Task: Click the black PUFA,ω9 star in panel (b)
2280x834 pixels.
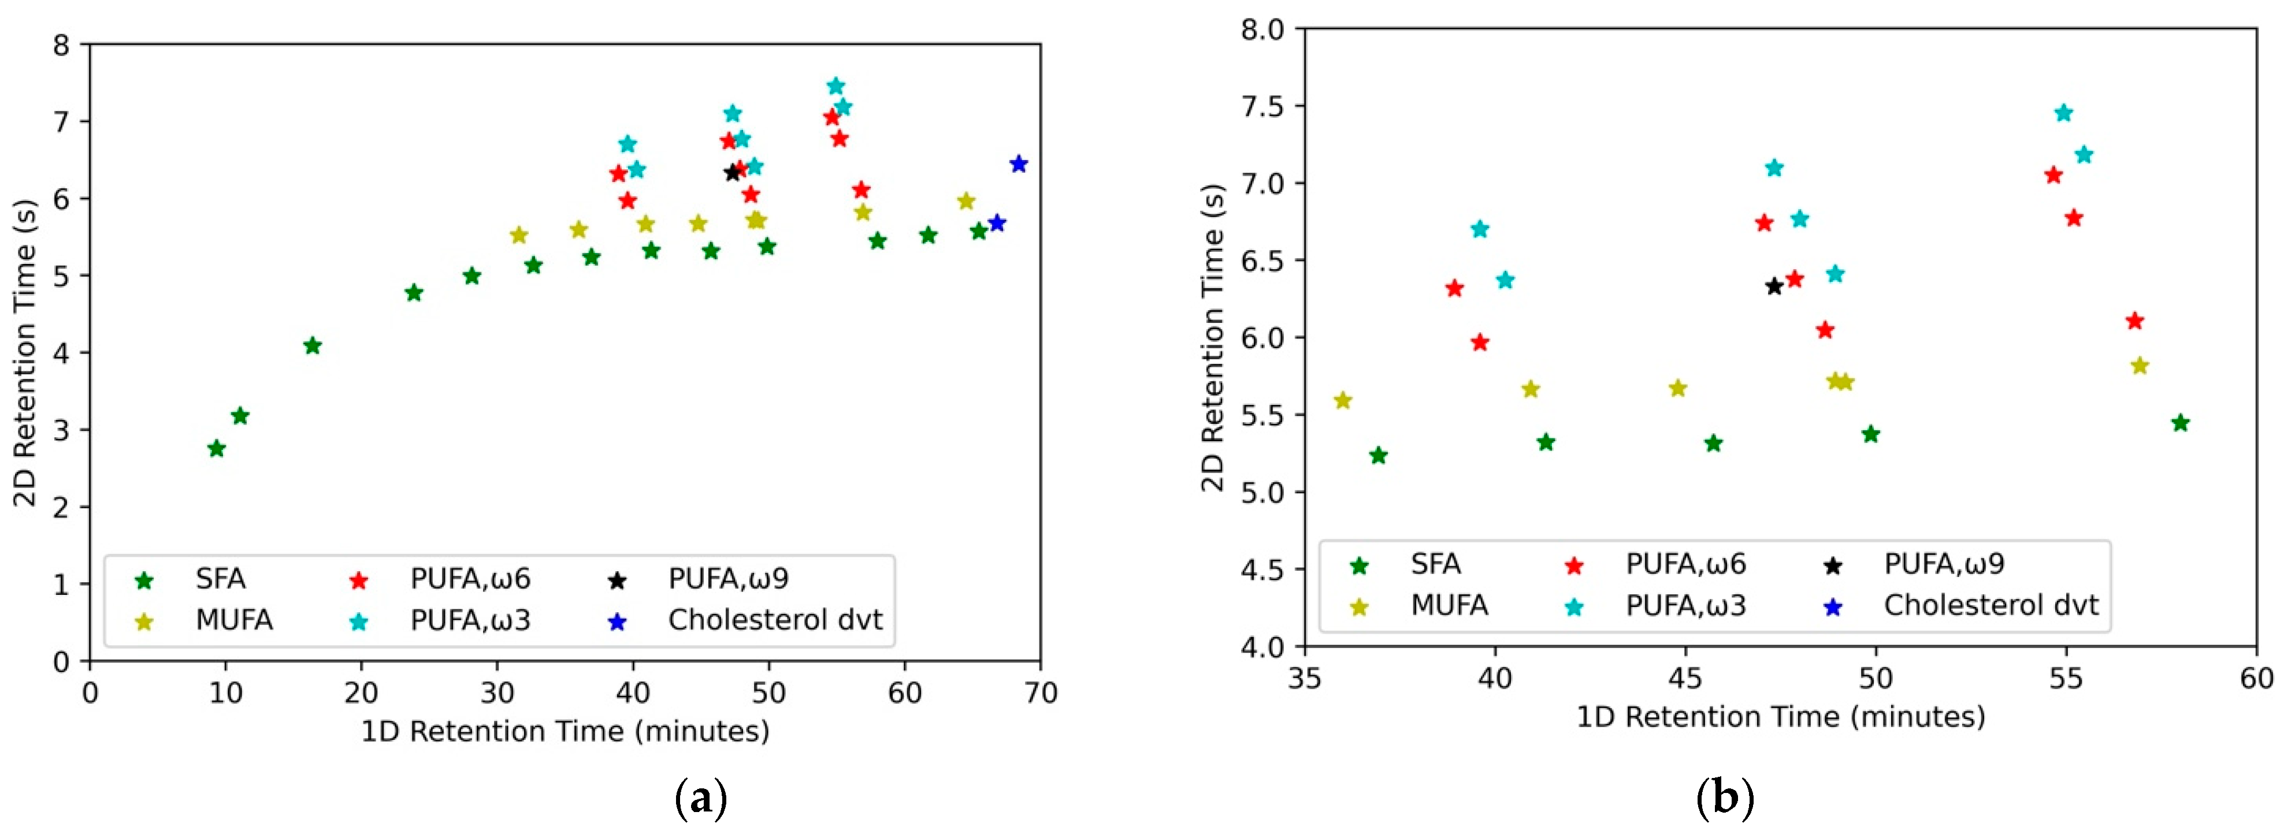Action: (1774, 286)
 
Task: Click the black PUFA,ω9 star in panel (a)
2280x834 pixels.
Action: (732, 173)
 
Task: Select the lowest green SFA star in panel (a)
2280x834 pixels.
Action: (216, 448)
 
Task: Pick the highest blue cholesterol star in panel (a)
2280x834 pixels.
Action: (1018, 163)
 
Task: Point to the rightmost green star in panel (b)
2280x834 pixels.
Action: (2180, 423)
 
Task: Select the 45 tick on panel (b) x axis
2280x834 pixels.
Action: (1685, 677)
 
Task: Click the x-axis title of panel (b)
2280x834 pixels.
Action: (1780, 716)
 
